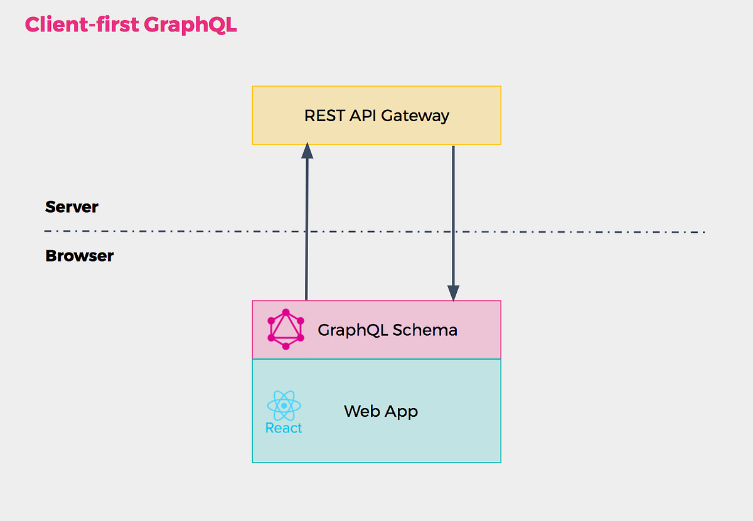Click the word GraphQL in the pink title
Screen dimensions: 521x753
[190, 25]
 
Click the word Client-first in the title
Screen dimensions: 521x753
[82, 25]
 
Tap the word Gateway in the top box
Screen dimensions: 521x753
[415, 116]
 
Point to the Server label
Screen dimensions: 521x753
[72, 207]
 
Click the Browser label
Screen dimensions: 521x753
[79, 256]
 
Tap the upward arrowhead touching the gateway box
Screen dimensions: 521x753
[307, 151]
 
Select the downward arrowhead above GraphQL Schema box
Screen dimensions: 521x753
[453, 293]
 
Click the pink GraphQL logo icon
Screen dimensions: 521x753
[286, 330]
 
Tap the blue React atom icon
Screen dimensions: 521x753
[284, 406]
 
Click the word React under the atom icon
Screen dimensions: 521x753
[284, 428]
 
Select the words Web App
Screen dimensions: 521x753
[381, 412]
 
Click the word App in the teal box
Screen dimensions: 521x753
[402, 412]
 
